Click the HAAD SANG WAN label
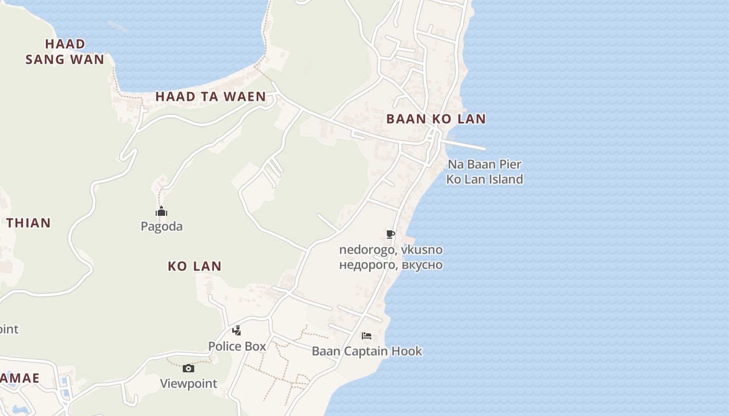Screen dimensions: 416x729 [65, 51]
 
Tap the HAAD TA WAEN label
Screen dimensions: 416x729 [210, 96]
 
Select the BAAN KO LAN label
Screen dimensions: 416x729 [436, 119]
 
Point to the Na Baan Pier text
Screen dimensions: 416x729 [485, 164]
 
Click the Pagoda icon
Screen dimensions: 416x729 [161, 212]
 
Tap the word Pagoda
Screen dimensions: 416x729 [161, 226]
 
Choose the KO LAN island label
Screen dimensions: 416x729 [195, 266]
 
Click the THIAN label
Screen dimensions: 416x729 [29, 223]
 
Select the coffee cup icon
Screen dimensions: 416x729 [391, 235]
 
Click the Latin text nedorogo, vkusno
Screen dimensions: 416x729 [391, 250]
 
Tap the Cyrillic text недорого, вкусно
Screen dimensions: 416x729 [391, 265]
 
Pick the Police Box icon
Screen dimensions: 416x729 [236, 331]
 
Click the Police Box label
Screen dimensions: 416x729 [237, 346]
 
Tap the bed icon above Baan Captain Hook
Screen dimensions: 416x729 [367, 336]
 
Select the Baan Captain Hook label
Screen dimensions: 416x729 [367, 351]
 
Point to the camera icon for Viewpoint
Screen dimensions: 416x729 [188, 369]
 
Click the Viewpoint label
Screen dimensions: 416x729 [188, 384]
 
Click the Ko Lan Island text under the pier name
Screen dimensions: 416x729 [485, 179]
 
